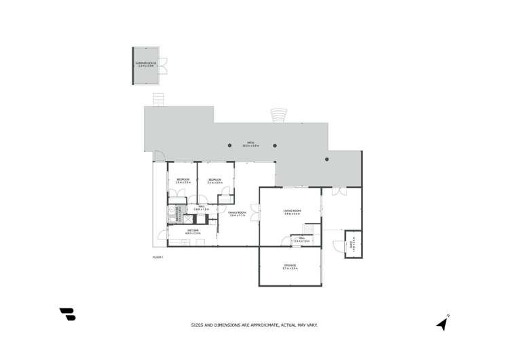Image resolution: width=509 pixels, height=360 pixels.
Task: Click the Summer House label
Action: click(x=146, y=65)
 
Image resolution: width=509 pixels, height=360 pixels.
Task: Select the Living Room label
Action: click(x=292, y=213)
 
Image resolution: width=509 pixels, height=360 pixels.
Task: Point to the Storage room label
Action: click(x=290, y=267)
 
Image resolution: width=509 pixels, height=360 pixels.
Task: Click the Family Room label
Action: click(x=237, y=214)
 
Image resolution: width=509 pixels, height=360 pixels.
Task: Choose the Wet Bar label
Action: click(x=193, y=232)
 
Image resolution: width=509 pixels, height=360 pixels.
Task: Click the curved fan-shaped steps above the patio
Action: click(x=278, y=115)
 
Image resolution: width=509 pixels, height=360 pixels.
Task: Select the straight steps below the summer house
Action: click(x=159, y=100)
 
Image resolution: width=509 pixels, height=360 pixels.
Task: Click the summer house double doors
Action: click(x=163, y=66)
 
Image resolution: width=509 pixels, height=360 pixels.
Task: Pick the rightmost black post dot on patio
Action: click(x=326, y=159)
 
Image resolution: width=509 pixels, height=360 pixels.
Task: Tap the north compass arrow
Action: click(x=443, y=323)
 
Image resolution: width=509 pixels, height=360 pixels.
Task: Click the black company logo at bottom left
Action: click(x=68, y=314)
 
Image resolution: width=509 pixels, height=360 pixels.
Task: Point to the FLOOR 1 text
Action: click(x=158, y=257)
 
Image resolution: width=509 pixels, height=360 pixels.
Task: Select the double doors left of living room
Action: click(x=254, y=212)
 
